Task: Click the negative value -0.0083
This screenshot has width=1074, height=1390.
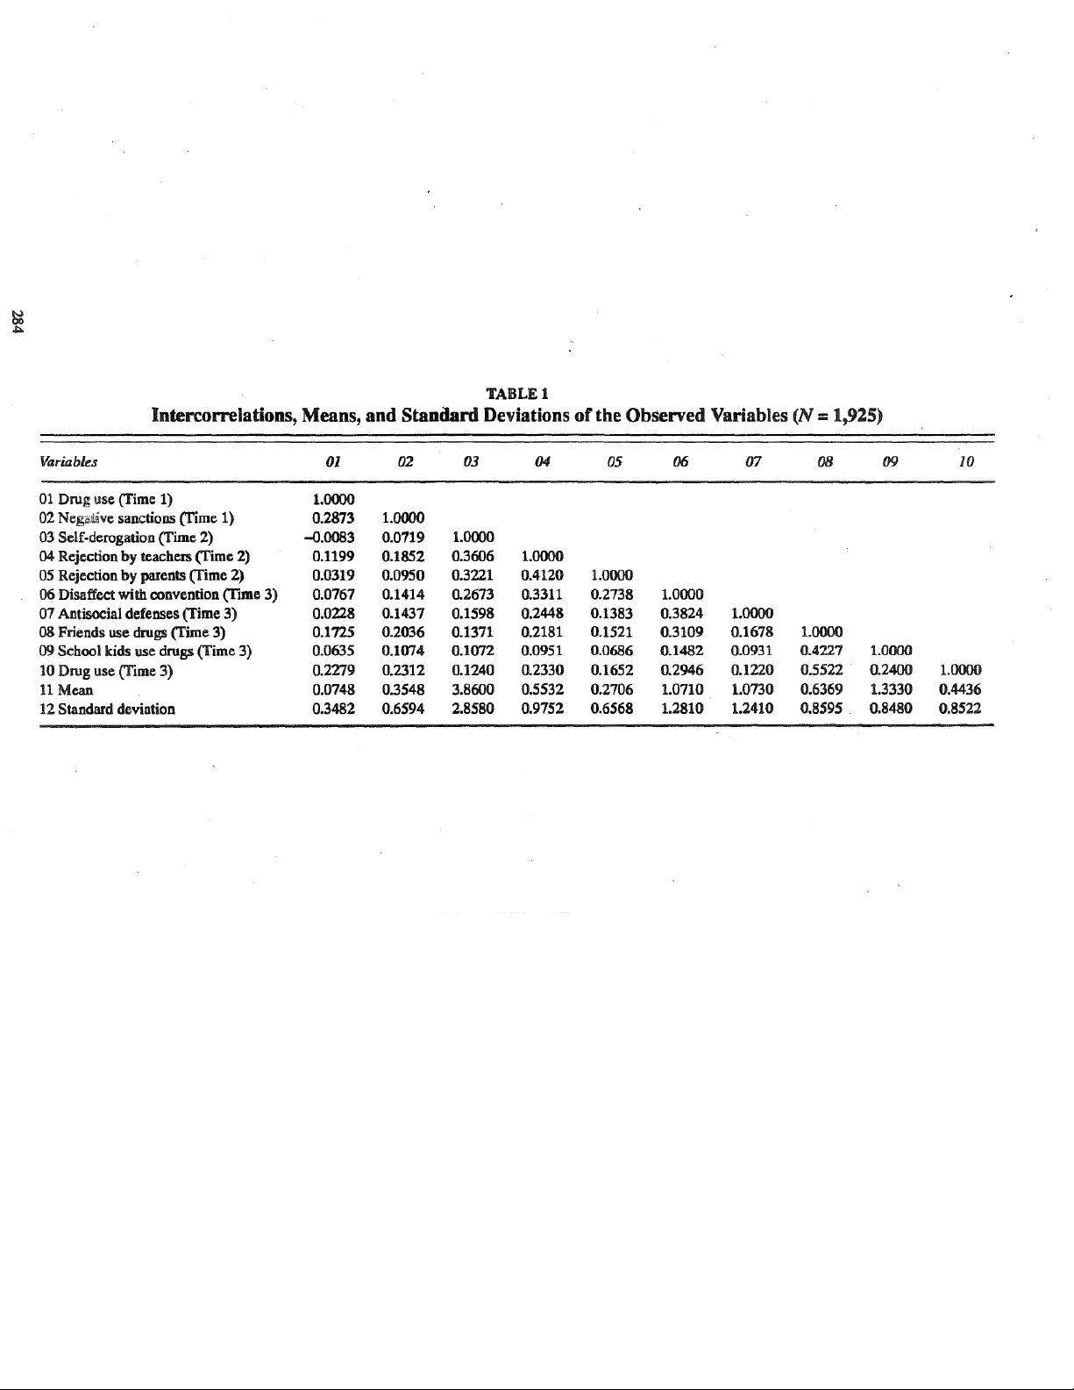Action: click(x=331, y=537)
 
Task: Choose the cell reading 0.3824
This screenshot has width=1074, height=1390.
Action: click(x=681, y=613)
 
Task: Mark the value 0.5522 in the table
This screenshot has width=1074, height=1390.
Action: click(x=822, y=670)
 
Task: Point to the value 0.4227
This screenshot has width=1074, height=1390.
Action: click(x=822, y=651)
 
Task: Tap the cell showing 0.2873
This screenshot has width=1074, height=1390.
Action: click(x=333, y=517)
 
